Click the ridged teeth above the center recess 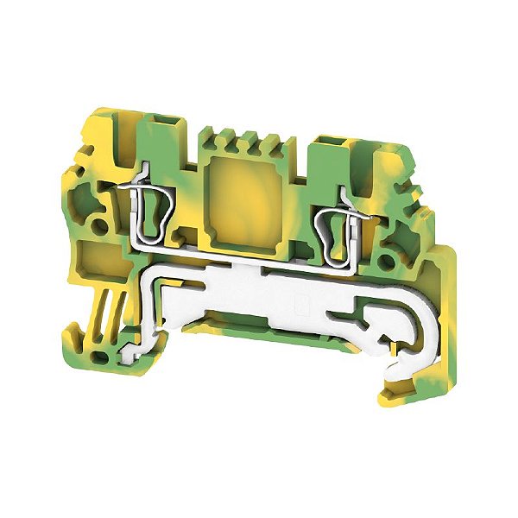click(238, 138)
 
